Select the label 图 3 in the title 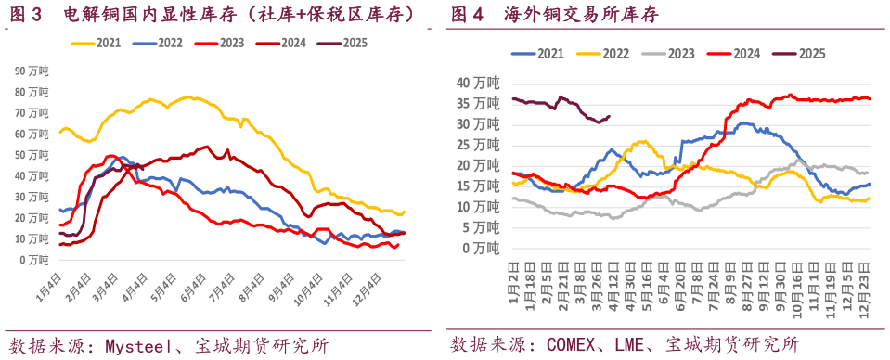pos(26,13)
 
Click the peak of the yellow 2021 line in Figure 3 pos(189,96)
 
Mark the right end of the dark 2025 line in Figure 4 pos(609,116)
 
